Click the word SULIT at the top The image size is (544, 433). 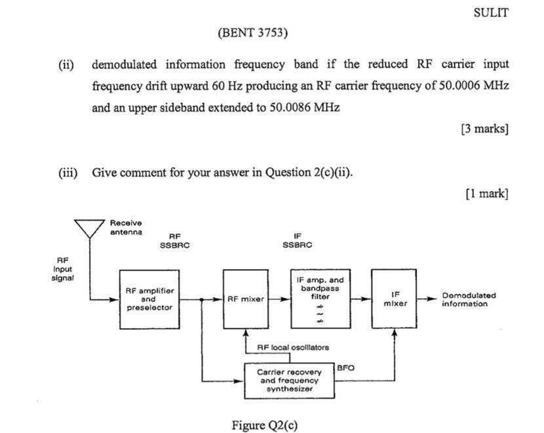(x=490, y=12)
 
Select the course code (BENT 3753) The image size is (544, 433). (x=252, y=32)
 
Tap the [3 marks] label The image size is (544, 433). (x=484, y=128)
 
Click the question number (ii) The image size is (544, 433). (x=66, y=64)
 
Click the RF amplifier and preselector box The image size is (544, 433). (x=149, y=299)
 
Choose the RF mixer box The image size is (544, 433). (x=246, y=299)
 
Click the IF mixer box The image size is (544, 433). (x=395, y=299)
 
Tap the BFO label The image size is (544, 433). (x=345, y=368)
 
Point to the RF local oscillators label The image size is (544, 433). (x=293, y=347)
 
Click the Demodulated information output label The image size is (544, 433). (x=469, y=299)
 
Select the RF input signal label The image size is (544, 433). (x=63, y=268)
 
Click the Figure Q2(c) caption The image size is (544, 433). (x=264, y=424)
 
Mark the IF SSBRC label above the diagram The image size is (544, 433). (x=298, y=241)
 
